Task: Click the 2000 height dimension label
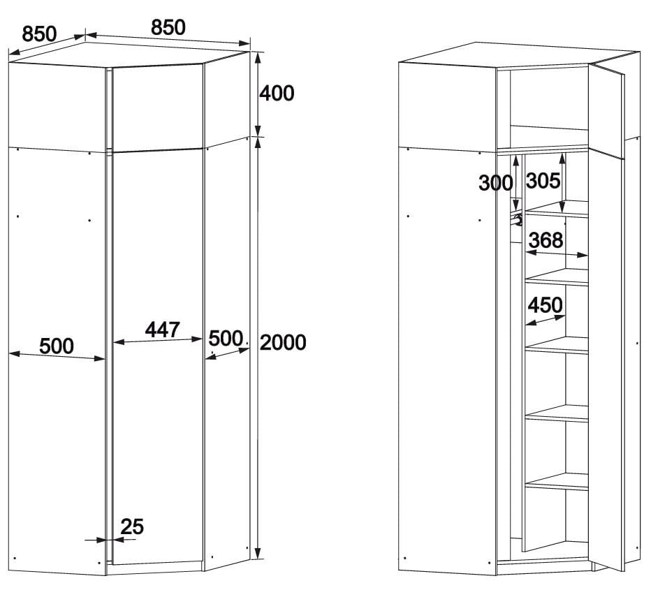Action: (283, 342)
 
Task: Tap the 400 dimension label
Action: (277, 93)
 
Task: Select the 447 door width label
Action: (162, 330)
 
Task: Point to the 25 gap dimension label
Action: (132, 527)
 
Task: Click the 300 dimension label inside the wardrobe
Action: (496, 183)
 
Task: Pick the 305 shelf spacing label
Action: (543, 181)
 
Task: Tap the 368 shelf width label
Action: (546, 240)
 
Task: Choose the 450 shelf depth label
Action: (545, 305)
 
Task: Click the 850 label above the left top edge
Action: (39, 34)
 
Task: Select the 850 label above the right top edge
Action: (168, 27)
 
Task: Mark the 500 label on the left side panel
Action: (57, 346)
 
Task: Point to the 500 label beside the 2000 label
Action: (226, 339)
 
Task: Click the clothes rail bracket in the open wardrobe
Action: (518, 220)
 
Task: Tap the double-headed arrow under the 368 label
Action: (557, 253)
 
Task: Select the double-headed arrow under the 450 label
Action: (546, 320)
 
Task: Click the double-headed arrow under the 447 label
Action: (158, 340)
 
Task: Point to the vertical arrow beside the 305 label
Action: (562, 183)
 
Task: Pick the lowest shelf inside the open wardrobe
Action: (557, 482)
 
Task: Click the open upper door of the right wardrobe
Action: (606, 110)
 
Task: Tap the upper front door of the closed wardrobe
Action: (158, 108)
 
